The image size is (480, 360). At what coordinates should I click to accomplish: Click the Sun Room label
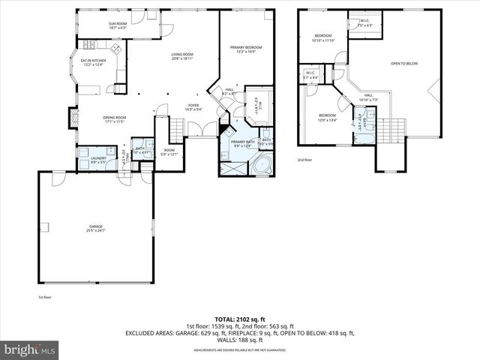(x=118, y=25)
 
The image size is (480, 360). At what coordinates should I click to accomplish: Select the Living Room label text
(x=182, y=56)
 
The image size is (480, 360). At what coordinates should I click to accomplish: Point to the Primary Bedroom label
(x=246, y=49)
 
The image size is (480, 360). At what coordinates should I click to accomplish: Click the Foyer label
(x=193, y=107)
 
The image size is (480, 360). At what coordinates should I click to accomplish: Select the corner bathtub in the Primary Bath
(x=263, y=165)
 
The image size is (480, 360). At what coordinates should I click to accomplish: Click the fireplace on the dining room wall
(x=73, y=118)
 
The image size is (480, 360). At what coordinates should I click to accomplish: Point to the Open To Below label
(x=404, y=64)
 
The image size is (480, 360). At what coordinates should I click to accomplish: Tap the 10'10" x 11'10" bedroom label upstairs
(x=323, y=38)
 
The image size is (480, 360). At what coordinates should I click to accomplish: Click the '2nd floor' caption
(x=304, y=160)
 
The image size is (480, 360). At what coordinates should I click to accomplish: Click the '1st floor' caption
(x=44, y=297)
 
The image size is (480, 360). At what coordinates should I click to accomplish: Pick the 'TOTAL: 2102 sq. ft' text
(x=239, y=317)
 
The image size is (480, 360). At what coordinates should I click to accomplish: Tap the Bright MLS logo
(x=30, y=349)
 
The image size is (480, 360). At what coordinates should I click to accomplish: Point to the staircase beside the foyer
(x=174, y=132)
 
